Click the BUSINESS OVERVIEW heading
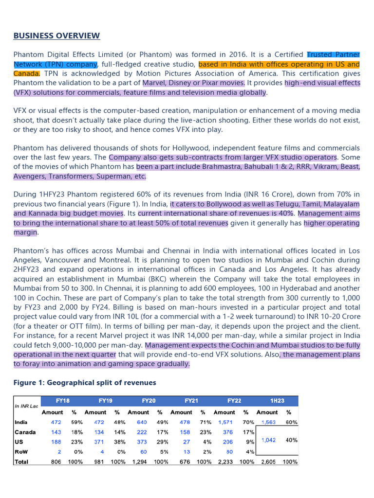pyautogui.click(x=56, y=36)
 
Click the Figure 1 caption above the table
pyautogui.click(x=85, y=383)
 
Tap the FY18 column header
pyautogui.click(x=63, y=401)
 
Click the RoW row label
pyautogui.click(x=22, y=452)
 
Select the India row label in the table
pyautogui.click(x=21, y=423)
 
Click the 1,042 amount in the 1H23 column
pyautogui.click(x=269, y=440)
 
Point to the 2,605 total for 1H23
pyautogui.click(x=269, y=462)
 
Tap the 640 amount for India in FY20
pyautogui.click(x=141, y=423)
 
